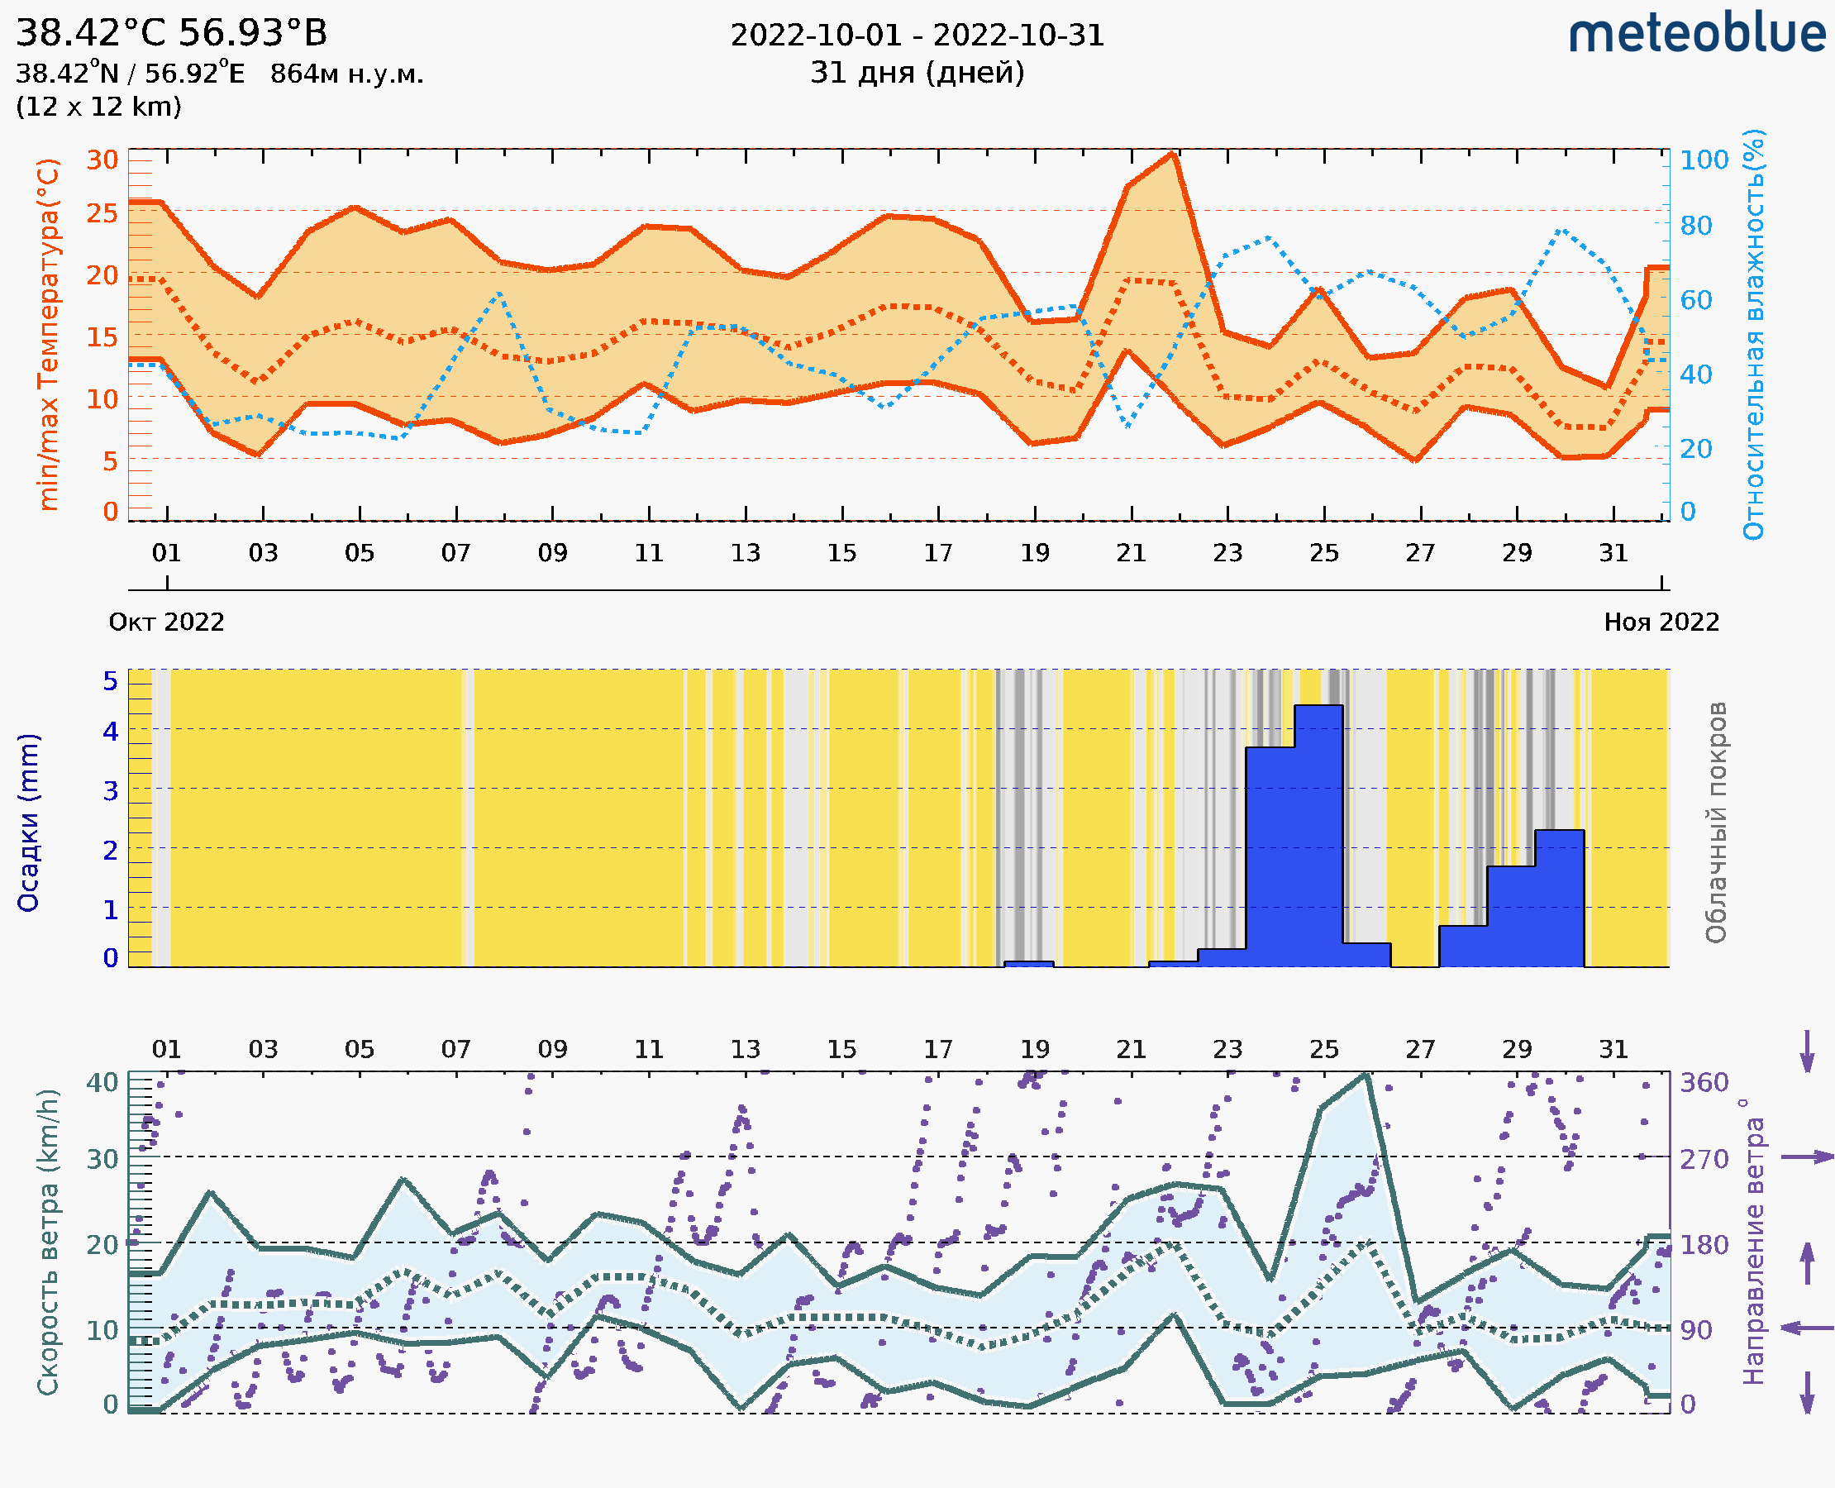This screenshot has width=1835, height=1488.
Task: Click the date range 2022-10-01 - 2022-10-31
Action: [917, 36]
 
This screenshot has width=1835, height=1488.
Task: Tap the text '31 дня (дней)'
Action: [917, 73]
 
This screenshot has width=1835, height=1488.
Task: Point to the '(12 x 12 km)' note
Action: [98, 107]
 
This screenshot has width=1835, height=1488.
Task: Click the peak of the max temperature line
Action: [1172, 155]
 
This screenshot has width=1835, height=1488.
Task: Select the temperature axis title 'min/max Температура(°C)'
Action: [49, 334]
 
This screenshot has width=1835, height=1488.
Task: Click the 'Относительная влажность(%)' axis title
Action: [1755, 334]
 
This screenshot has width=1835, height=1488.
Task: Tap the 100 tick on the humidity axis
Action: [1704, 160]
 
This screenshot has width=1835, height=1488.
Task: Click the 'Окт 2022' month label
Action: [166, 622]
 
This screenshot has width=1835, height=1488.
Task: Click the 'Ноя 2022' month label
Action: [1661, 622]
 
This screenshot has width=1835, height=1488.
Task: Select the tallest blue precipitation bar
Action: [1318, 836]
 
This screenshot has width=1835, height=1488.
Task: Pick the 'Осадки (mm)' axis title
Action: [28, 823]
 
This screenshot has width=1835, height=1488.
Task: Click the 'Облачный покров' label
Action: [1716, 823]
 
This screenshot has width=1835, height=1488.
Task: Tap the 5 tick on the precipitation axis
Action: [111, 681]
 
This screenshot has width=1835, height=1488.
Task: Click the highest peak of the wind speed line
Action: [1366, 1075]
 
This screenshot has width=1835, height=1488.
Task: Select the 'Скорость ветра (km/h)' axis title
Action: [48, 1242]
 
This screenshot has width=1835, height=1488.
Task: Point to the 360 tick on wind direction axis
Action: [1704, 1083]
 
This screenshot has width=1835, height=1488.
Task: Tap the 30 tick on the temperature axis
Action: [102, 160]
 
